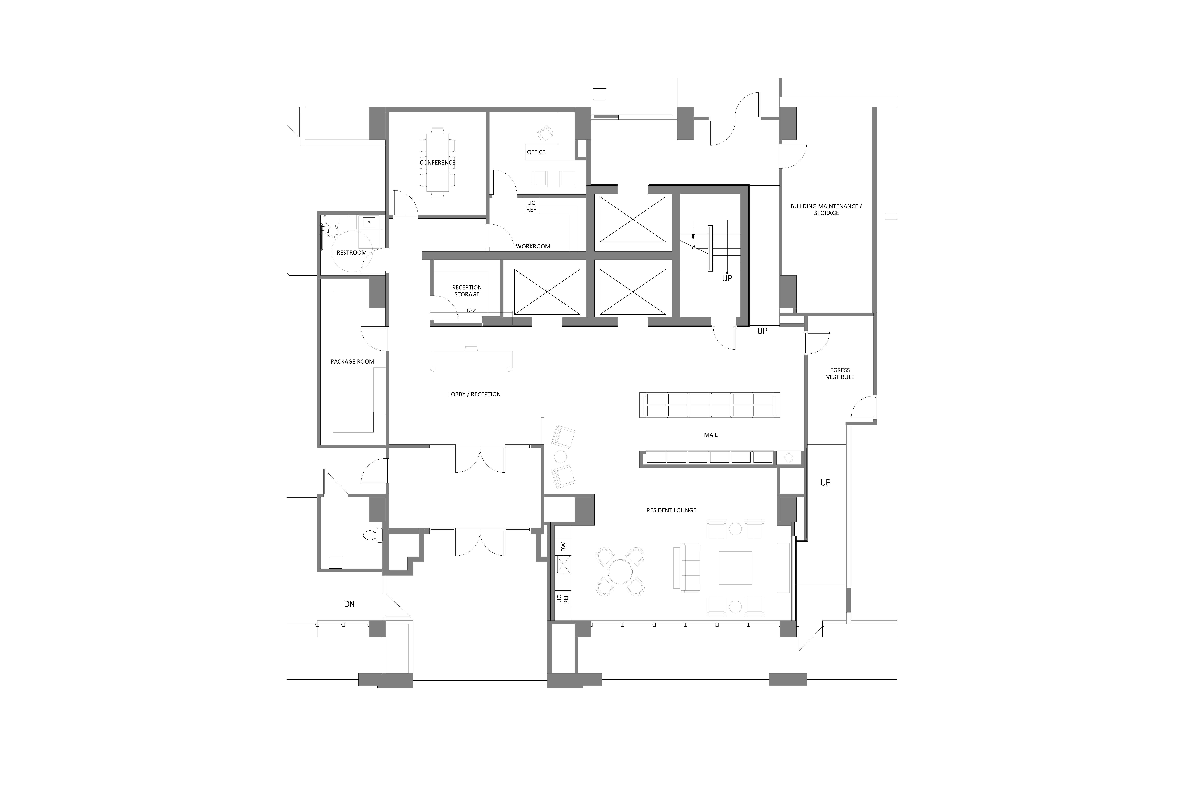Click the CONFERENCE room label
[x=437, y=163]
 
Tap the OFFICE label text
[x=536, y=152]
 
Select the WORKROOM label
[x=533, y=246]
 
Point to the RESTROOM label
[x=352, y=253]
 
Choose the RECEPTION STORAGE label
[x=467, y=291]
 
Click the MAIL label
[x=711, y=435]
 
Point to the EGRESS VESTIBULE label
[x=840, y=373]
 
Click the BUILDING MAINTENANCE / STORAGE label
[x=826, y=209]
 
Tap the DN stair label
[x=349, y=604]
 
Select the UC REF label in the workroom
[x=531, y=206]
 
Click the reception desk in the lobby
[x=471, y=359]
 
